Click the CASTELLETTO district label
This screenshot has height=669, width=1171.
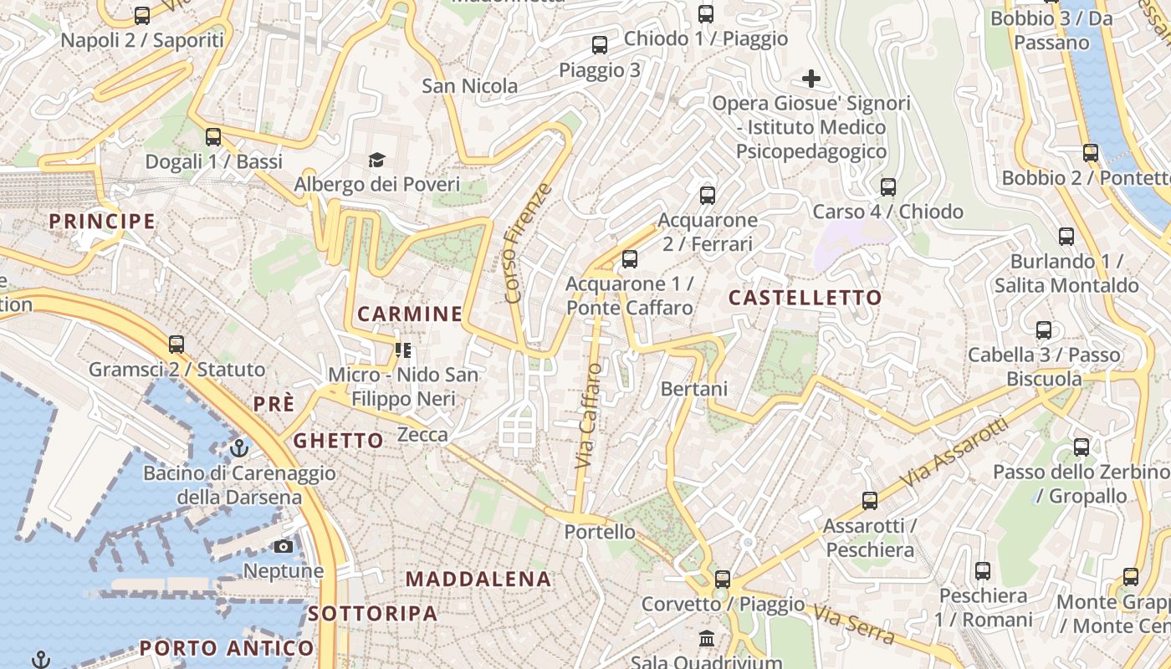(805, 298)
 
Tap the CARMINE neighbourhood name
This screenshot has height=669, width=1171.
(410, 314)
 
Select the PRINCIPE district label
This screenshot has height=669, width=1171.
(102, 222)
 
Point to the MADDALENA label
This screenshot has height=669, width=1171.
(478, 579)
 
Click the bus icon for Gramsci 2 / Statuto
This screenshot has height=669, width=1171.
(176, 344)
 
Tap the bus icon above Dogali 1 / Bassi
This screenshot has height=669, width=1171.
(213, 136)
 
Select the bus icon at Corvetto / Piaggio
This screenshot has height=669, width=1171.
(722, 579)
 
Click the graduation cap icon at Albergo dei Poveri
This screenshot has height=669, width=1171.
(377, 160)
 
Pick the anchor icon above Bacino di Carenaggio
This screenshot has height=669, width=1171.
(240, 448)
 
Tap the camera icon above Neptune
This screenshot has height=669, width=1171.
(284, 546)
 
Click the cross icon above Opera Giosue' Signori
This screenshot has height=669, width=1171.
(810, 79)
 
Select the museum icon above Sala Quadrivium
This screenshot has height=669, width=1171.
(707, 638)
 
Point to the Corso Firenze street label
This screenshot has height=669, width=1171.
(529, 243)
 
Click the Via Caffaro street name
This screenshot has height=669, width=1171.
(589, 415)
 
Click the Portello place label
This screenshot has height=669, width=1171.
(600, 532)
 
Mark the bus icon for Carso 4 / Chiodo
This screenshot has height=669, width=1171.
(888, 186)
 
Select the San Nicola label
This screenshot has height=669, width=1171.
(469, 86)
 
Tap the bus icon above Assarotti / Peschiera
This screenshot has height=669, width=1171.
(870, 500)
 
